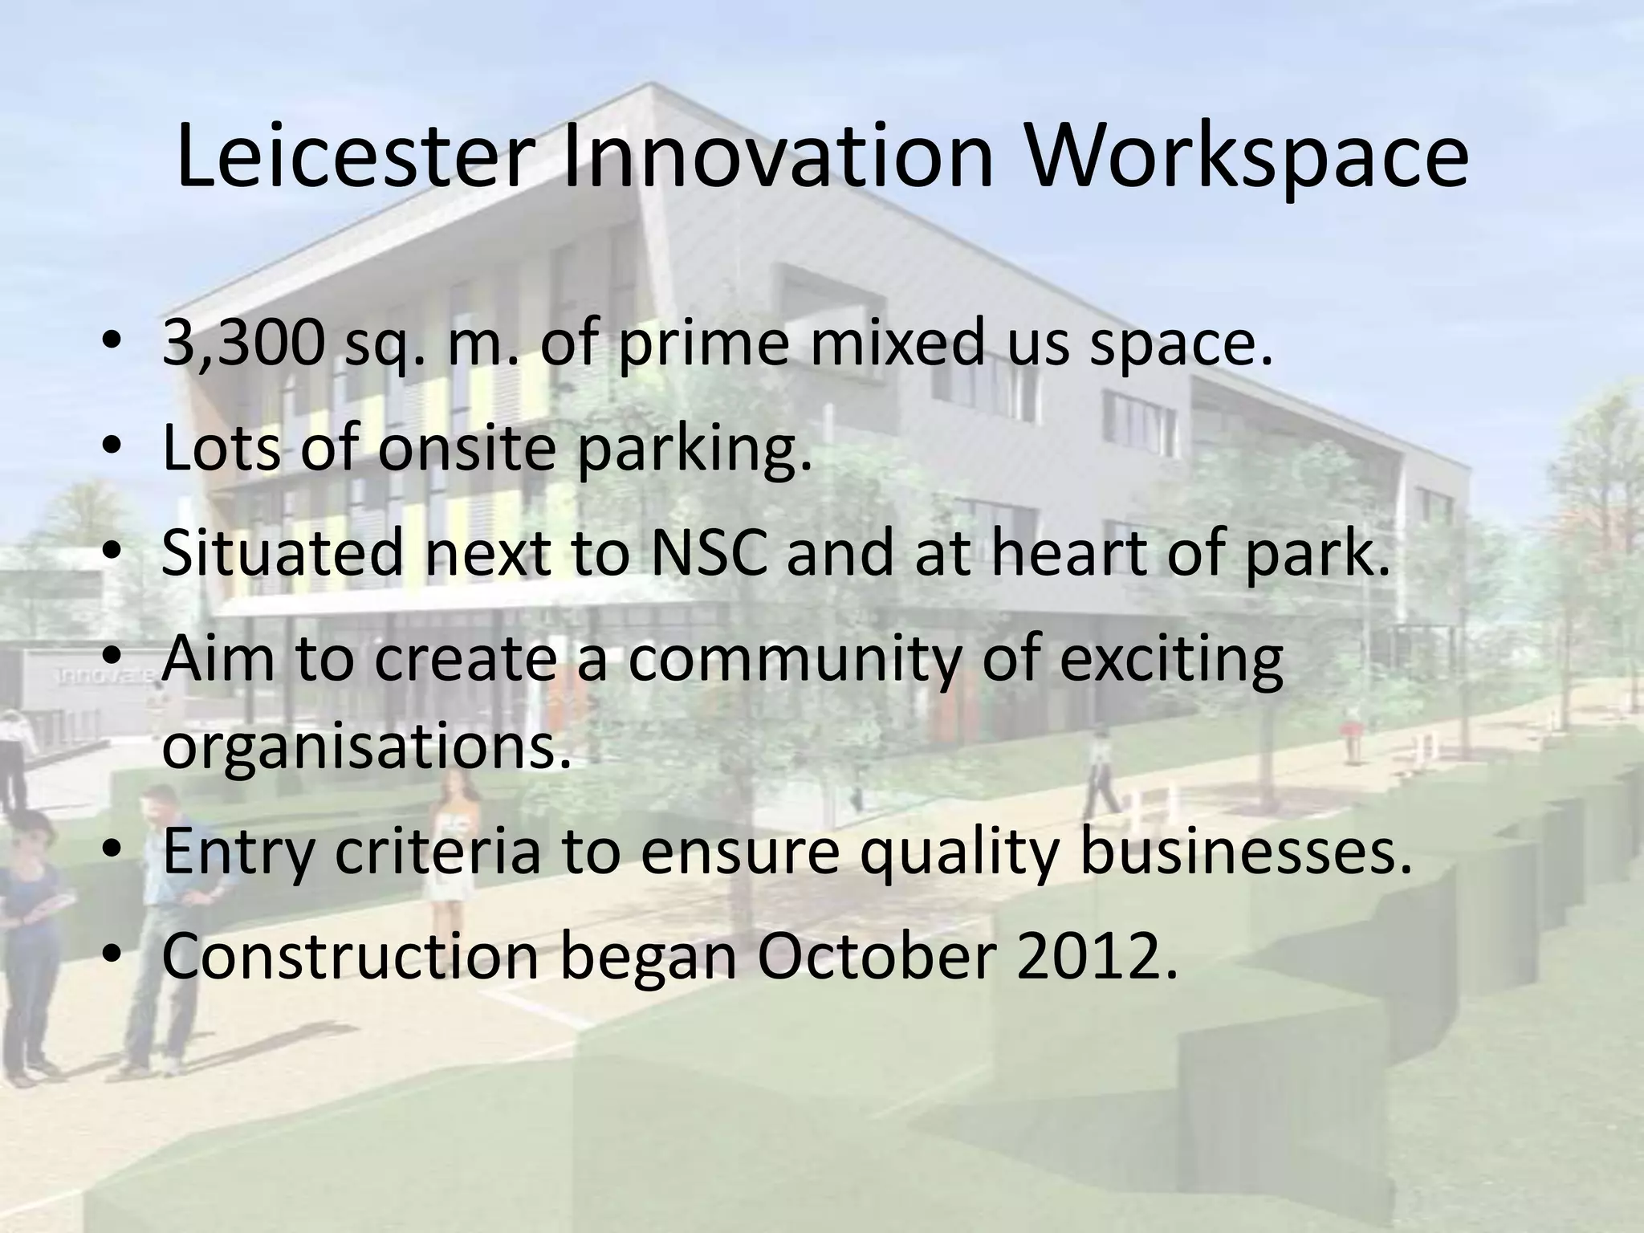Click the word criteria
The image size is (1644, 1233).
point(437,853)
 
